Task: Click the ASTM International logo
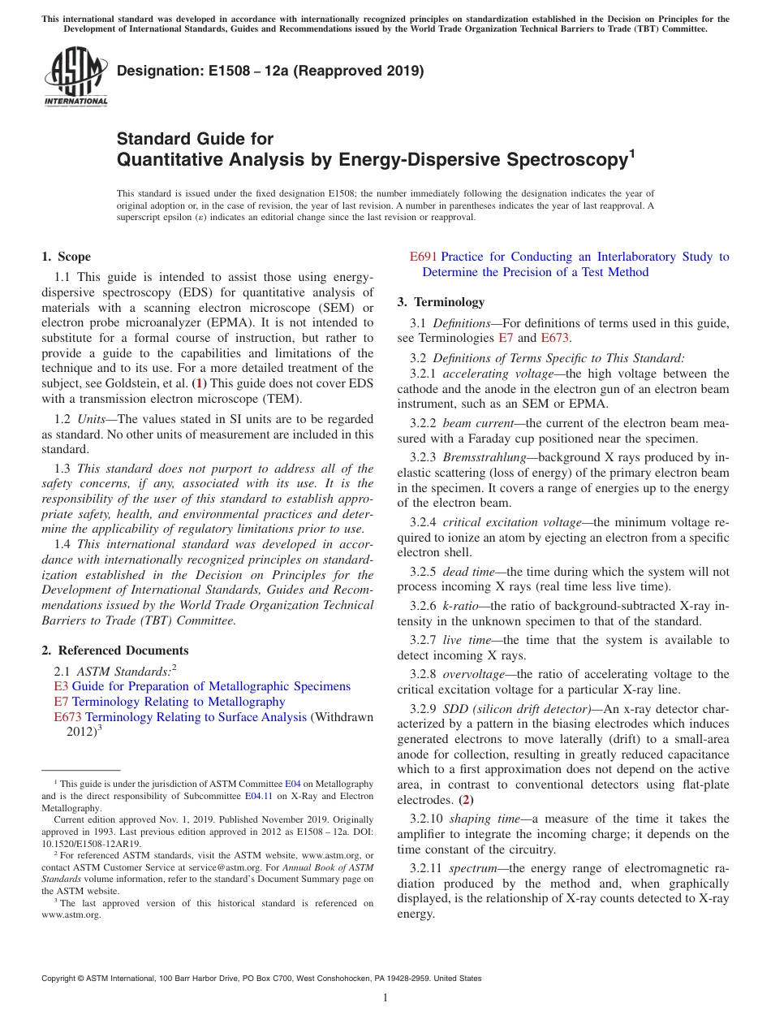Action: (75, 78)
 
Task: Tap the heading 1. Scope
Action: (67, 257)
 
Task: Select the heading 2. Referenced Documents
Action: (115, 650)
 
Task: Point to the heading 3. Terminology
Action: (441, 302)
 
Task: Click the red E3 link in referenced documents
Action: (61, 686)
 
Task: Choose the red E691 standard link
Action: (423, 257)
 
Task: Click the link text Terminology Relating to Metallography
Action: (179, 702)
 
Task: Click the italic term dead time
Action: (466, 572)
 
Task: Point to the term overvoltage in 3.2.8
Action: (474, 674)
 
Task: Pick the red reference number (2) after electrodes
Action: (466, 800)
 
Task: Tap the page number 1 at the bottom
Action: (385, 997)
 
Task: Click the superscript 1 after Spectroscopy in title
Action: (632, 152)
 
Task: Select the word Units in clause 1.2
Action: (93, 418)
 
